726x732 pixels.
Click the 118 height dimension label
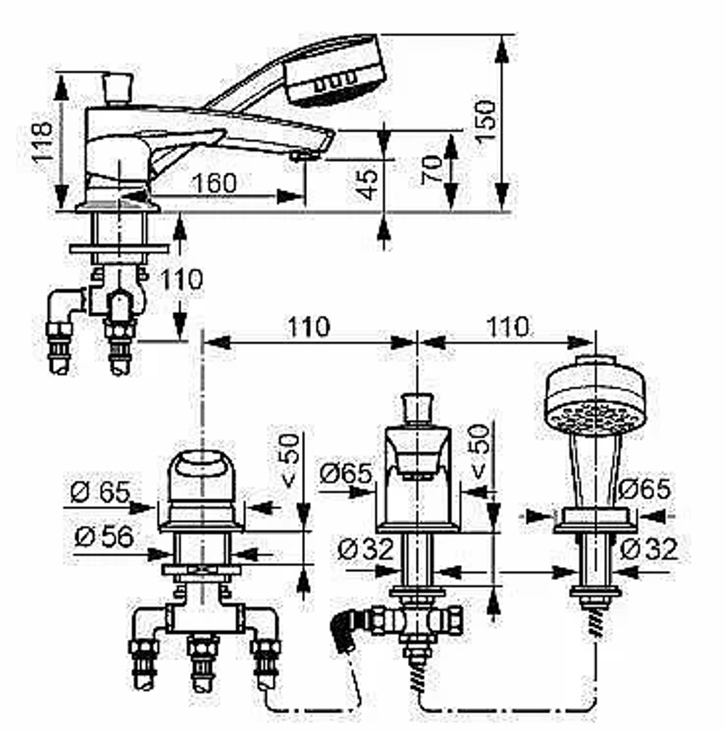pos(42,142)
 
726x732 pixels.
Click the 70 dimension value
pos(431,170)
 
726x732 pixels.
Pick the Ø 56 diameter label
pos(104,537)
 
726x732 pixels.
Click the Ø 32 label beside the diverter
pos(366,549)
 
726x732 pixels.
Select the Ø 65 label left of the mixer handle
pos(100,492)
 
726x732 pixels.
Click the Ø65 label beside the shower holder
pos(645,489)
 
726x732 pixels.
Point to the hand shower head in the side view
pos(335,68)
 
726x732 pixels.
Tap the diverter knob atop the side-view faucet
pos(118,88)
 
